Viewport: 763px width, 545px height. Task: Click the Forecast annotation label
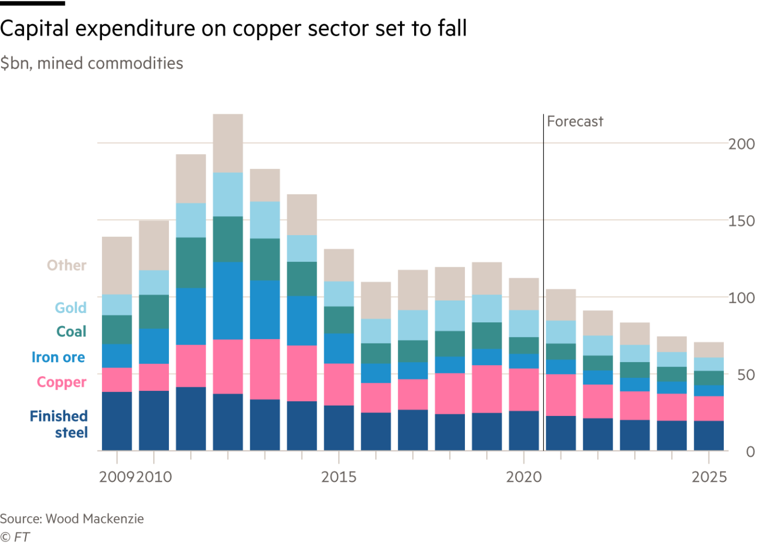pyautogui.click(x=575, y=121)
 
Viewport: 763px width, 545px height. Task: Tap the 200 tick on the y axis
pyautogui.click(x=741, y=144)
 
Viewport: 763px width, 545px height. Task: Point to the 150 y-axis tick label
pyautogui.click(x=741, y=221)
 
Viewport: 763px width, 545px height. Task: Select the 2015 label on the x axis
pyautogui.click(x=338, y=477)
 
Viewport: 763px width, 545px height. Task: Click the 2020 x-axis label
pyautogui.click(x=523, y=477)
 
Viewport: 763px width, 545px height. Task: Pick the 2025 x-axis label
pyautogui.click(x=708, y=477)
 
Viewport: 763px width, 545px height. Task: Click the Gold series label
pyautogui.click(x=70, y=308)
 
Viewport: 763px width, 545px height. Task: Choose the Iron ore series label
pyautogui.click(x=58, y=358)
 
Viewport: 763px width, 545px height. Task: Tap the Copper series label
pyautogui.click(x=62, y=382)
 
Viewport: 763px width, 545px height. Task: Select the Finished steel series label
pyautogui.click(x=59, y=424)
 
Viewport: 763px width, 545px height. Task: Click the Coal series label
pyautogui.click(x=71, y=332)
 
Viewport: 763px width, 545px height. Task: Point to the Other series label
pyautogui.click(x=66, y=266)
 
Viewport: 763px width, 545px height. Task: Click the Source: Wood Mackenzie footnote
pyautogui.click(x=72, y=519)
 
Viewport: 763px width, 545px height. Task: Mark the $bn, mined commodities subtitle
pyautogui.click(x=92, y=64)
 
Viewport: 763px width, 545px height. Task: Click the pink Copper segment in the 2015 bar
pyautogui.click(x=338, y=384)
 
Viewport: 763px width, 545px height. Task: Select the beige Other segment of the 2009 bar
pyautogui.click(x=117, y=266)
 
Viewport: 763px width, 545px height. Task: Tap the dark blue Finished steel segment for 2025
pyautogui.click(x=708, y=436)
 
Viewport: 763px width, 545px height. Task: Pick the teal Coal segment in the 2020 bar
pyautogui.click(x=524, y=346)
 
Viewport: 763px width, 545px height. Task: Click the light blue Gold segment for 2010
pyautogui.click(x=154, y=283)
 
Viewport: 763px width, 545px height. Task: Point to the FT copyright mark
pyautogui.click(x=15, y=537)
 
